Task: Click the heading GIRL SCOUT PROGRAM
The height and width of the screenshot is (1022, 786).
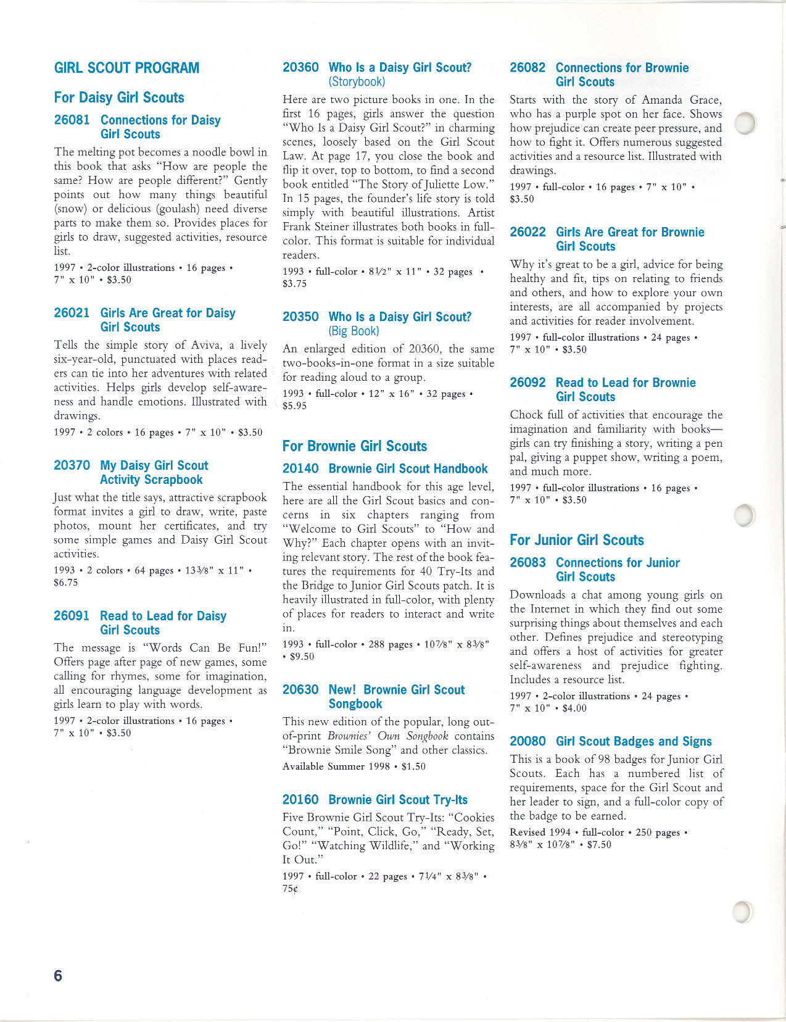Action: [126, 68]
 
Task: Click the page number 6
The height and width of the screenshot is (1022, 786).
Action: [58, 975]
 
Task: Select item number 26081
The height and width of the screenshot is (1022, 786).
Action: [72, 120]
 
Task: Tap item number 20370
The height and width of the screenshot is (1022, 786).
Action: [72, 465]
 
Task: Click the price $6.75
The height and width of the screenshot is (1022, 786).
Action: [66, 583]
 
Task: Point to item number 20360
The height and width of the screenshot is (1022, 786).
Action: [300, 67]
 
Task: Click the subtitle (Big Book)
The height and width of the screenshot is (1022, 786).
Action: [354, 331]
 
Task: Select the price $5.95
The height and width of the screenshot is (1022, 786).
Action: [295, 405]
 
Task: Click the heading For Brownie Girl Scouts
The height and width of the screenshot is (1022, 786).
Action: [355, 446]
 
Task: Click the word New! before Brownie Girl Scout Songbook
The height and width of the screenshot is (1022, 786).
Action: [342, 690]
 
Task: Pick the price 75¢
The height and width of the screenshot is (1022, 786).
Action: [290, 889]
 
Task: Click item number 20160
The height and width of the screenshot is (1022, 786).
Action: [300, 800]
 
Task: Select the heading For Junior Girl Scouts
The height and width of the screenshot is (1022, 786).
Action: [576, 540]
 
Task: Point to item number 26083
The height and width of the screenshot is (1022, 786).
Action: [527, 563]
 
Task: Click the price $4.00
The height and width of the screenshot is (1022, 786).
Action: [574, 708]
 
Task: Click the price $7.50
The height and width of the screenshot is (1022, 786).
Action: [598, 844]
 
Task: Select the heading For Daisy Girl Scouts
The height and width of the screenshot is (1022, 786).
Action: [119, 98]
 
